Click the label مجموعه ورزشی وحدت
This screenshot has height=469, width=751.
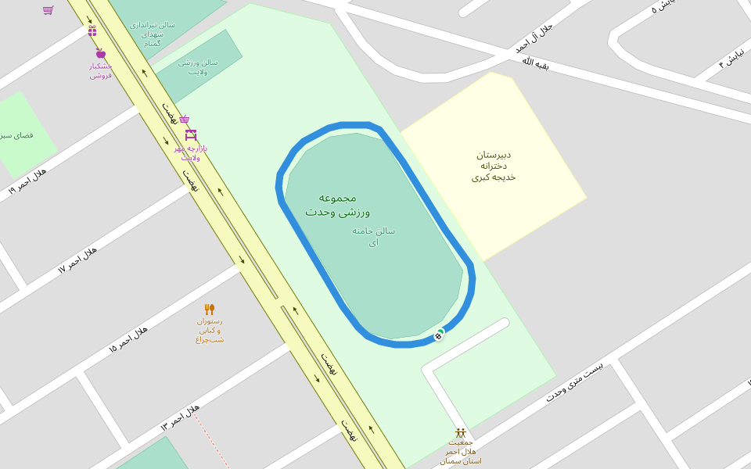(x=337, y=205)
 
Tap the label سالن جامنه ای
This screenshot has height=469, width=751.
(x=373, y=236)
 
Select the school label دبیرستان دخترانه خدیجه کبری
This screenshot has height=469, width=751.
(x=494, y=166)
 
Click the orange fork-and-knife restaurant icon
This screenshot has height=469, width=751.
(x=210, y=310)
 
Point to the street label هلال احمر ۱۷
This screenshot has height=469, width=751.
(x=77, y=259)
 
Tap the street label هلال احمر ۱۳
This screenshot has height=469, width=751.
(x=181, y=417)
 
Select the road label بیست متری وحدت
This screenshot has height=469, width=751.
(x=575, y=381)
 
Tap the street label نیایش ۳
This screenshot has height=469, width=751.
(x=733, y=57)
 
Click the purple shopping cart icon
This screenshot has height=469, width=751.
(x=49, y=10)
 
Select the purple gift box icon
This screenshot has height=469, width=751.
(x=92, y=31)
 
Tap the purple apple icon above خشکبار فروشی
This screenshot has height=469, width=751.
(x=101, y=53)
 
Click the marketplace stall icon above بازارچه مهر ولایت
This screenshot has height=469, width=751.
(x=191, y=135)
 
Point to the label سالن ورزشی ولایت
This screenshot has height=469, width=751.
(x=198, y=66)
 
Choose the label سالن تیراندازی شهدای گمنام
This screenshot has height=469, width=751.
(x=153, y=34)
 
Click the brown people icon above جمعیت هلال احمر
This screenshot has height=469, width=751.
(x=461, y=432)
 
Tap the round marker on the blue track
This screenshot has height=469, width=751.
(x=439, y=335)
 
